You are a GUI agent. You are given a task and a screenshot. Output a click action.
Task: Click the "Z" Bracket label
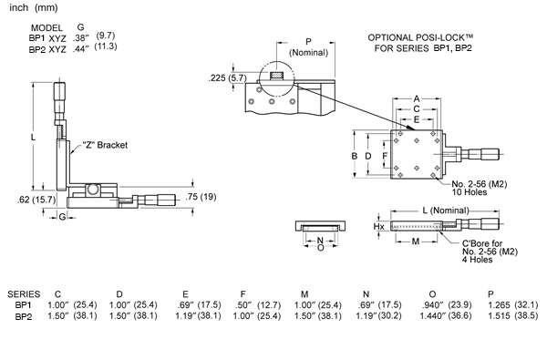coord(105,145)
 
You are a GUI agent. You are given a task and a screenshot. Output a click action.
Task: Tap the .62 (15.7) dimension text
coord(36,200)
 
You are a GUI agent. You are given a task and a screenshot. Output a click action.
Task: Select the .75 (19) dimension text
coord(201,197)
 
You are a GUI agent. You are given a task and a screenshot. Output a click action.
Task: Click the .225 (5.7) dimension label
coord(227,78)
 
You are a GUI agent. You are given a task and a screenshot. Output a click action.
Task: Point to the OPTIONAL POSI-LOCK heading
coord(421,43)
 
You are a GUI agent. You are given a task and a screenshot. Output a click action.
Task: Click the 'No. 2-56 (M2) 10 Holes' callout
coord(479,188)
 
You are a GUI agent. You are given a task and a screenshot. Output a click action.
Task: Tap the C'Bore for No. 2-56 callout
coord(490,252)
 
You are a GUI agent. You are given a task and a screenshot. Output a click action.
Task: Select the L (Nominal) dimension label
coord(446,211)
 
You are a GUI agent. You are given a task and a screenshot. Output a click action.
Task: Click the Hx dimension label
coord(379,227)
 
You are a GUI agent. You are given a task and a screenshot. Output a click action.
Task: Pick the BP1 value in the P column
coord(512,305)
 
